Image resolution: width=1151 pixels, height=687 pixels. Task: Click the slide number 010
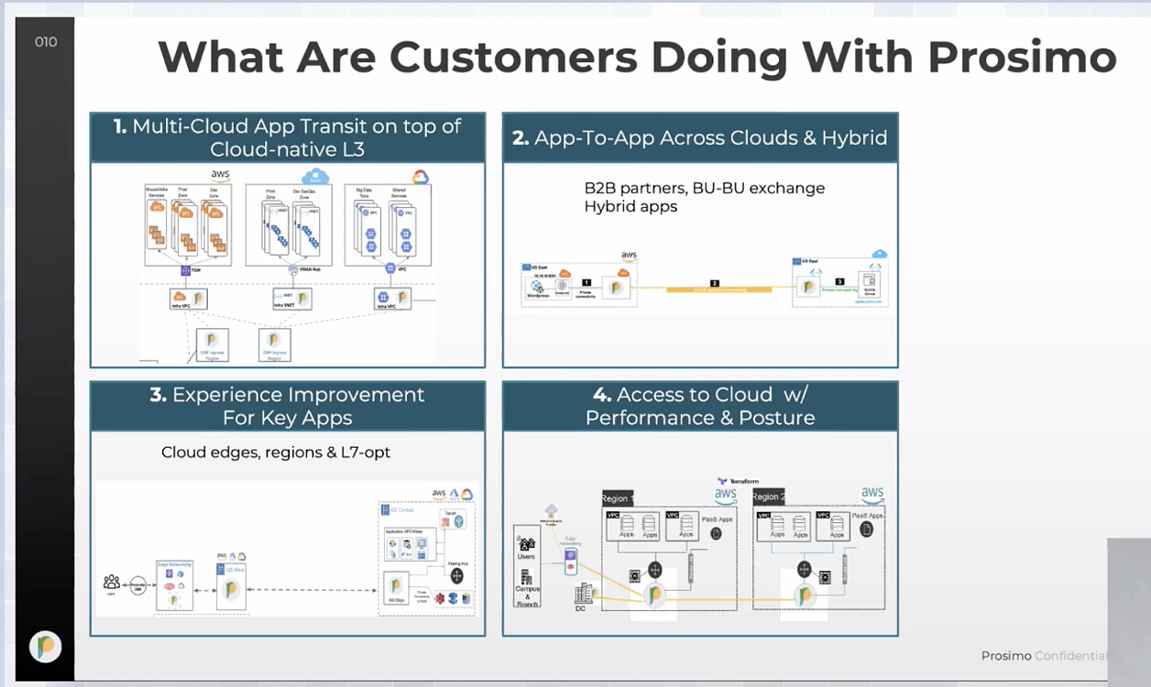coord(46,42)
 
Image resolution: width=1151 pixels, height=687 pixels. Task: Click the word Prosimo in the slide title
coord(1022,57)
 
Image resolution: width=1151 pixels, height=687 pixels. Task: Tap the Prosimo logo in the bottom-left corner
coord(45,647)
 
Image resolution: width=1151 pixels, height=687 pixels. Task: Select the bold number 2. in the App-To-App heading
coord(521,138)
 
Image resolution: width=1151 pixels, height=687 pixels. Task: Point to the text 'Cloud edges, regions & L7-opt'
coord(276,453)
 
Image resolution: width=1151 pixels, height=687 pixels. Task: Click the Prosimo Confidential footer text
coord(1044,656)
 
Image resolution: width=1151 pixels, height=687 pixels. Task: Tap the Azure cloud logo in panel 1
coord(315,176)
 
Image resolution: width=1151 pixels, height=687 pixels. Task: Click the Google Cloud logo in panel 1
coord(420,178)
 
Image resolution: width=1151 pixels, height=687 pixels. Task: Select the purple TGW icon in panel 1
coord(184,270)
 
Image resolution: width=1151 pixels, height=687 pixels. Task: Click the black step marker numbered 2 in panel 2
coord(715,284)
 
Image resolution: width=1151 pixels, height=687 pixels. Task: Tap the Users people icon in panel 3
coord(112,583)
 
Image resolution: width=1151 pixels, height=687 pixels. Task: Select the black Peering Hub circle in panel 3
coord(456,576)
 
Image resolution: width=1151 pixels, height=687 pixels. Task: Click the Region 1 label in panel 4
coord(617,497)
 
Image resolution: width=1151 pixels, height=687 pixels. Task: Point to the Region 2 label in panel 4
coord(768,497)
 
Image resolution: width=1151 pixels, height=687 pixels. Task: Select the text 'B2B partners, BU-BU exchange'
coord(704,188)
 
